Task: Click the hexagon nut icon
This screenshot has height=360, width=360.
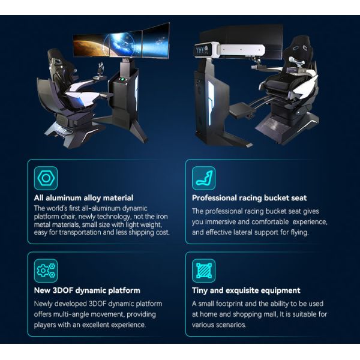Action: click(x=46, y=178)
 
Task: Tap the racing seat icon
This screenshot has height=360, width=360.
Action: click(x=203, y=178)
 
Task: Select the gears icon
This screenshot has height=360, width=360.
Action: click(x=46, y=271)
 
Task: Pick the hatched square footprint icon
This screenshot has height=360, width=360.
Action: click(x=203, y=271)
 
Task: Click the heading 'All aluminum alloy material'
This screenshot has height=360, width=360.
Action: click(x=83, y=198)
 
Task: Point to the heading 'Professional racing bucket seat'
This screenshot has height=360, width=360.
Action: click(x=250, y=198)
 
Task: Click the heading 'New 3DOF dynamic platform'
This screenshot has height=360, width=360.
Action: click(x=87, y=290)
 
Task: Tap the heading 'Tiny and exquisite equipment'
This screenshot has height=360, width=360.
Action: click(x=246, y=290)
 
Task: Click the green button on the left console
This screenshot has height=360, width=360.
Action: click(x=122, y=79)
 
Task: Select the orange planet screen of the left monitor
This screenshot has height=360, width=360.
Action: click(x=91, y=46)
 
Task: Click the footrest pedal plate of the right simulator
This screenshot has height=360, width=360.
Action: click(x=242, y=110)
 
